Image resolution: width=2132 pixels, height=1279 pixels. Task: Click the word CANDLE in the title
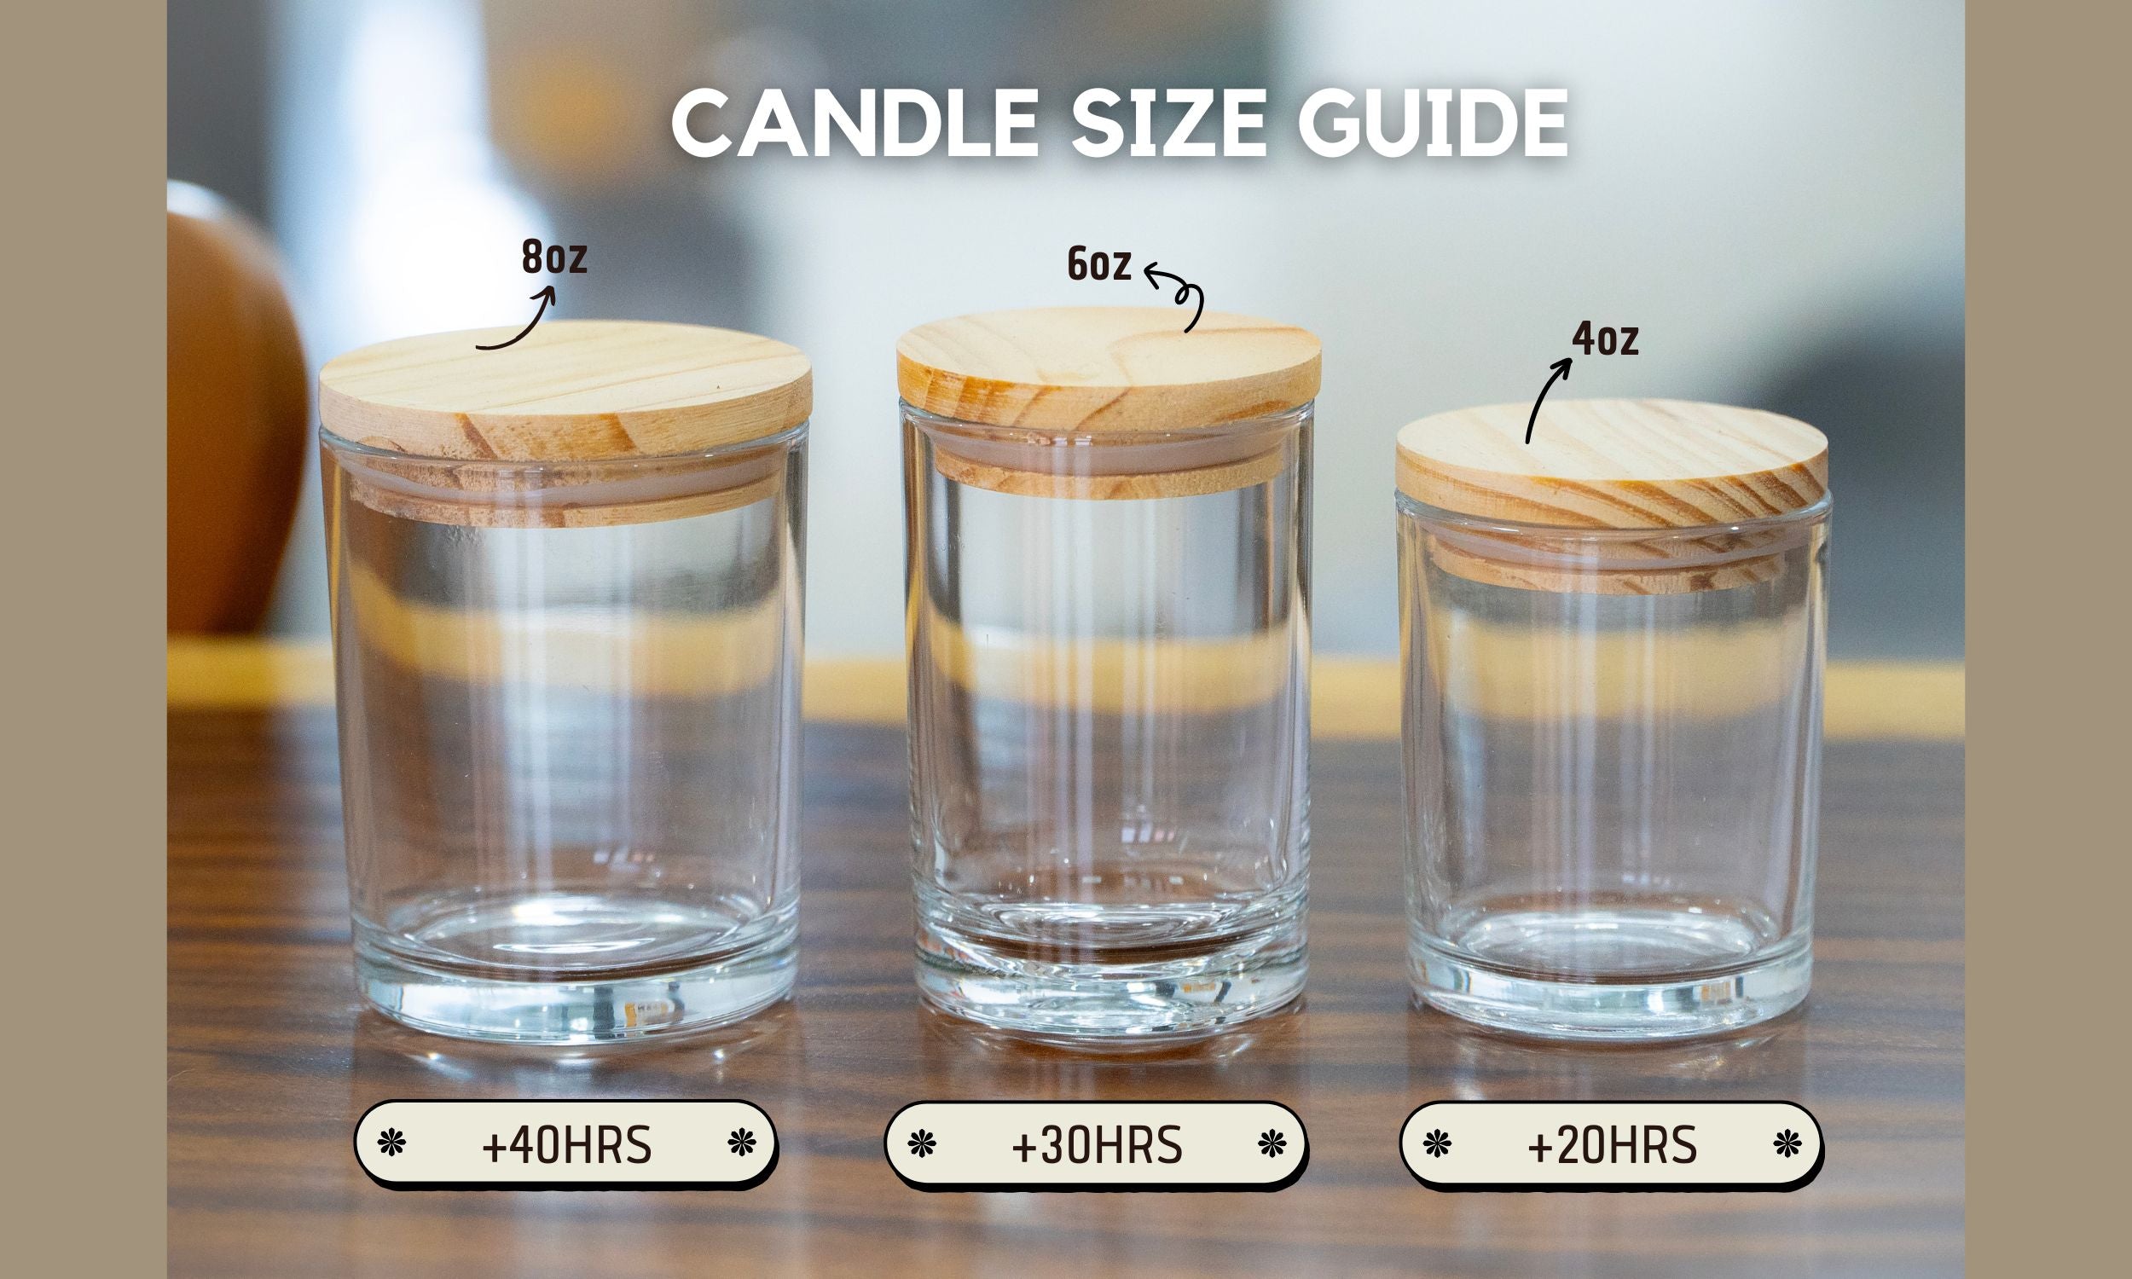pos(853,124)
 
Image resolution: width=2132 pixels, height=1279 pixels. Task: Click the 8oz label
pos(554,258)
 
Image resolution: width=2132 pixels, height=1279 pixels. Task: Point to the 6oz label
pos(1098,264)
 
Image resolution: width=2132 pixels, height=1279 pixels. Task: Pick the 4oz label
pos(1605,339)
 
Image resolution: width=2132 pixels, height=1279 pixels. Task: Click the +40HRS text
pos(566,1146)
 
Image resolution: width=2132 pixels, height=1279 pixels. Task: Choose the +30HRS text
pos(1096,1146)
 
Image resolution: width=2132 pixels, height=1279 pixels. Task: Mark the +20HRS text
pos(1612,1146)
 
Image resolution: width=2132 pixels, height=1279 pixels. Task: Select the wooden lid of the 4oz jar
pos(1612,466)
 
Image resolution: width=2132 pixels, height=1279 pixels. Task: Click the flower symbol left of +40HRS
pos(392,1143)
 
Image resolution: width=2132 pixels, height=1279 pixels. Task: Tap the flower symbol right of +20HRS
pos(1787,1144)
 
